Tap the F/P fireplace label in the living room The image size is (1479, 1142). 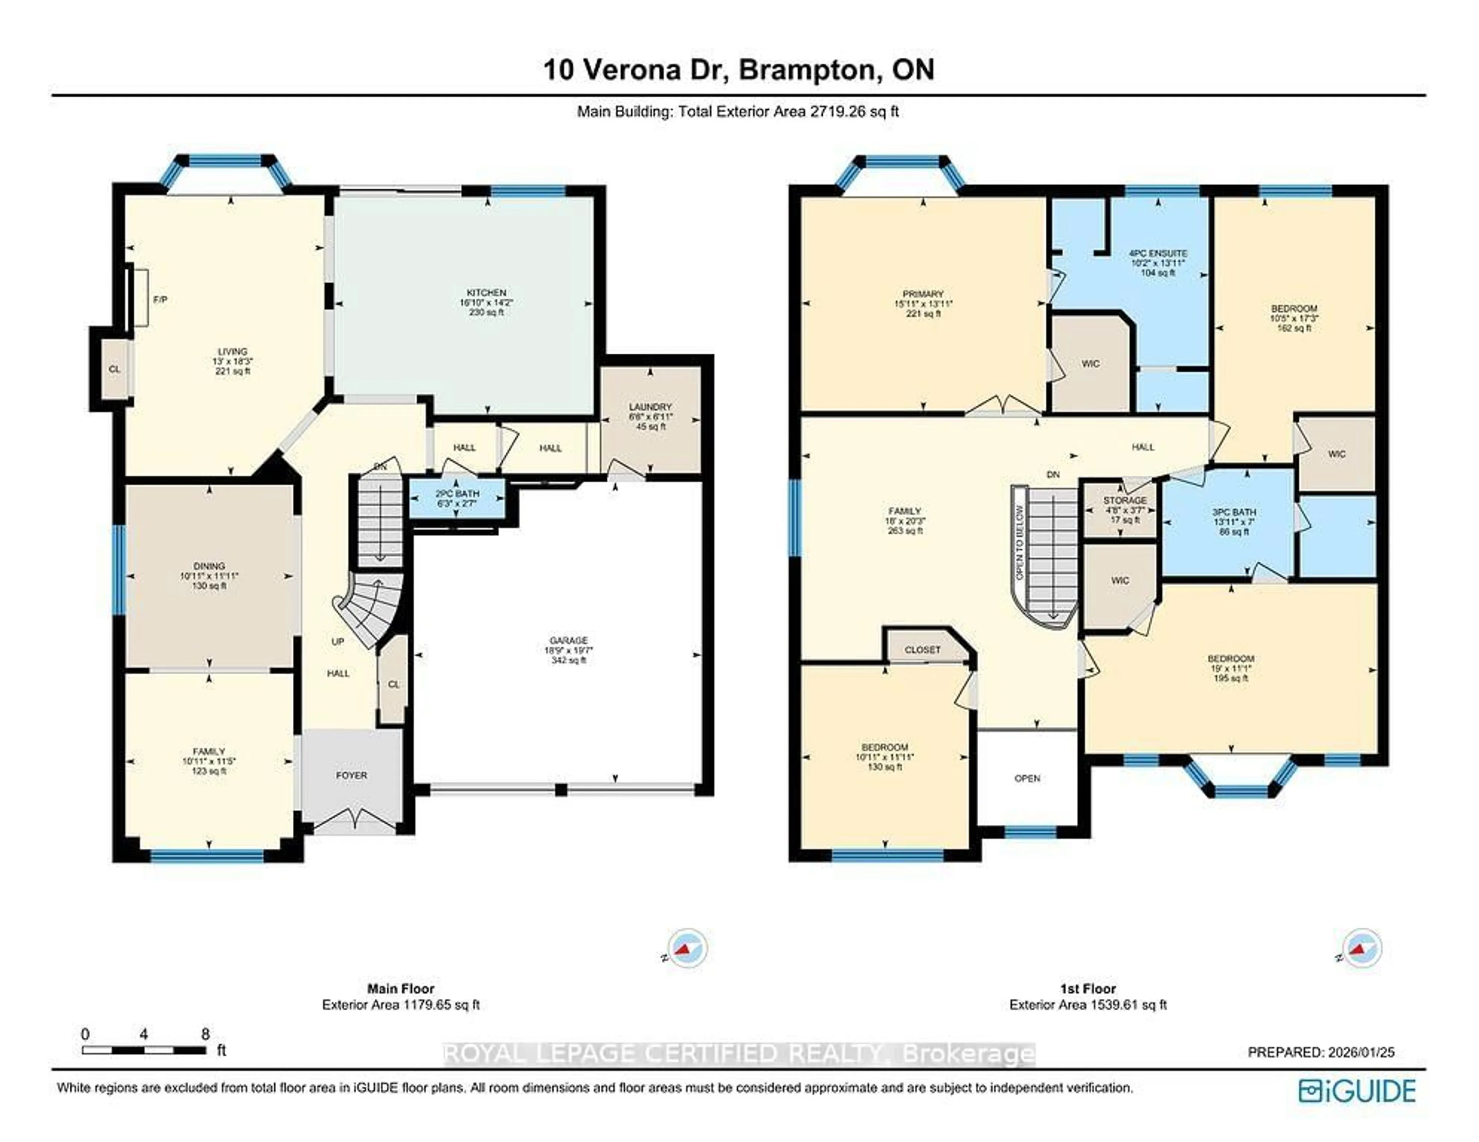click(x=160, y=299)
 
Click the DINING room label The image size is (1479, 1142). click(x=209, y=566)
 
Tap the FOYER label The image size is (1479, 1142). click(x=352, y=775)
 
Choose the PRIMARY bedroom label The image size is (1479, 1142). click(x=923, y=294)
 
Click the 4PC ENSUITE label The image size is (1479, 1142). click(x=1158, y=253)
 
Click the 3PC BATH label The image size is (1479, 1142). click(x=1234, y=512)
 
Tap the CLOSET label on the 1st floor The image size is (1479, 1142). click(x=922, y=649)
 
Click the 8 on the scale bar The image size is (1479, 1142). click(x=205, y=1034)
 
